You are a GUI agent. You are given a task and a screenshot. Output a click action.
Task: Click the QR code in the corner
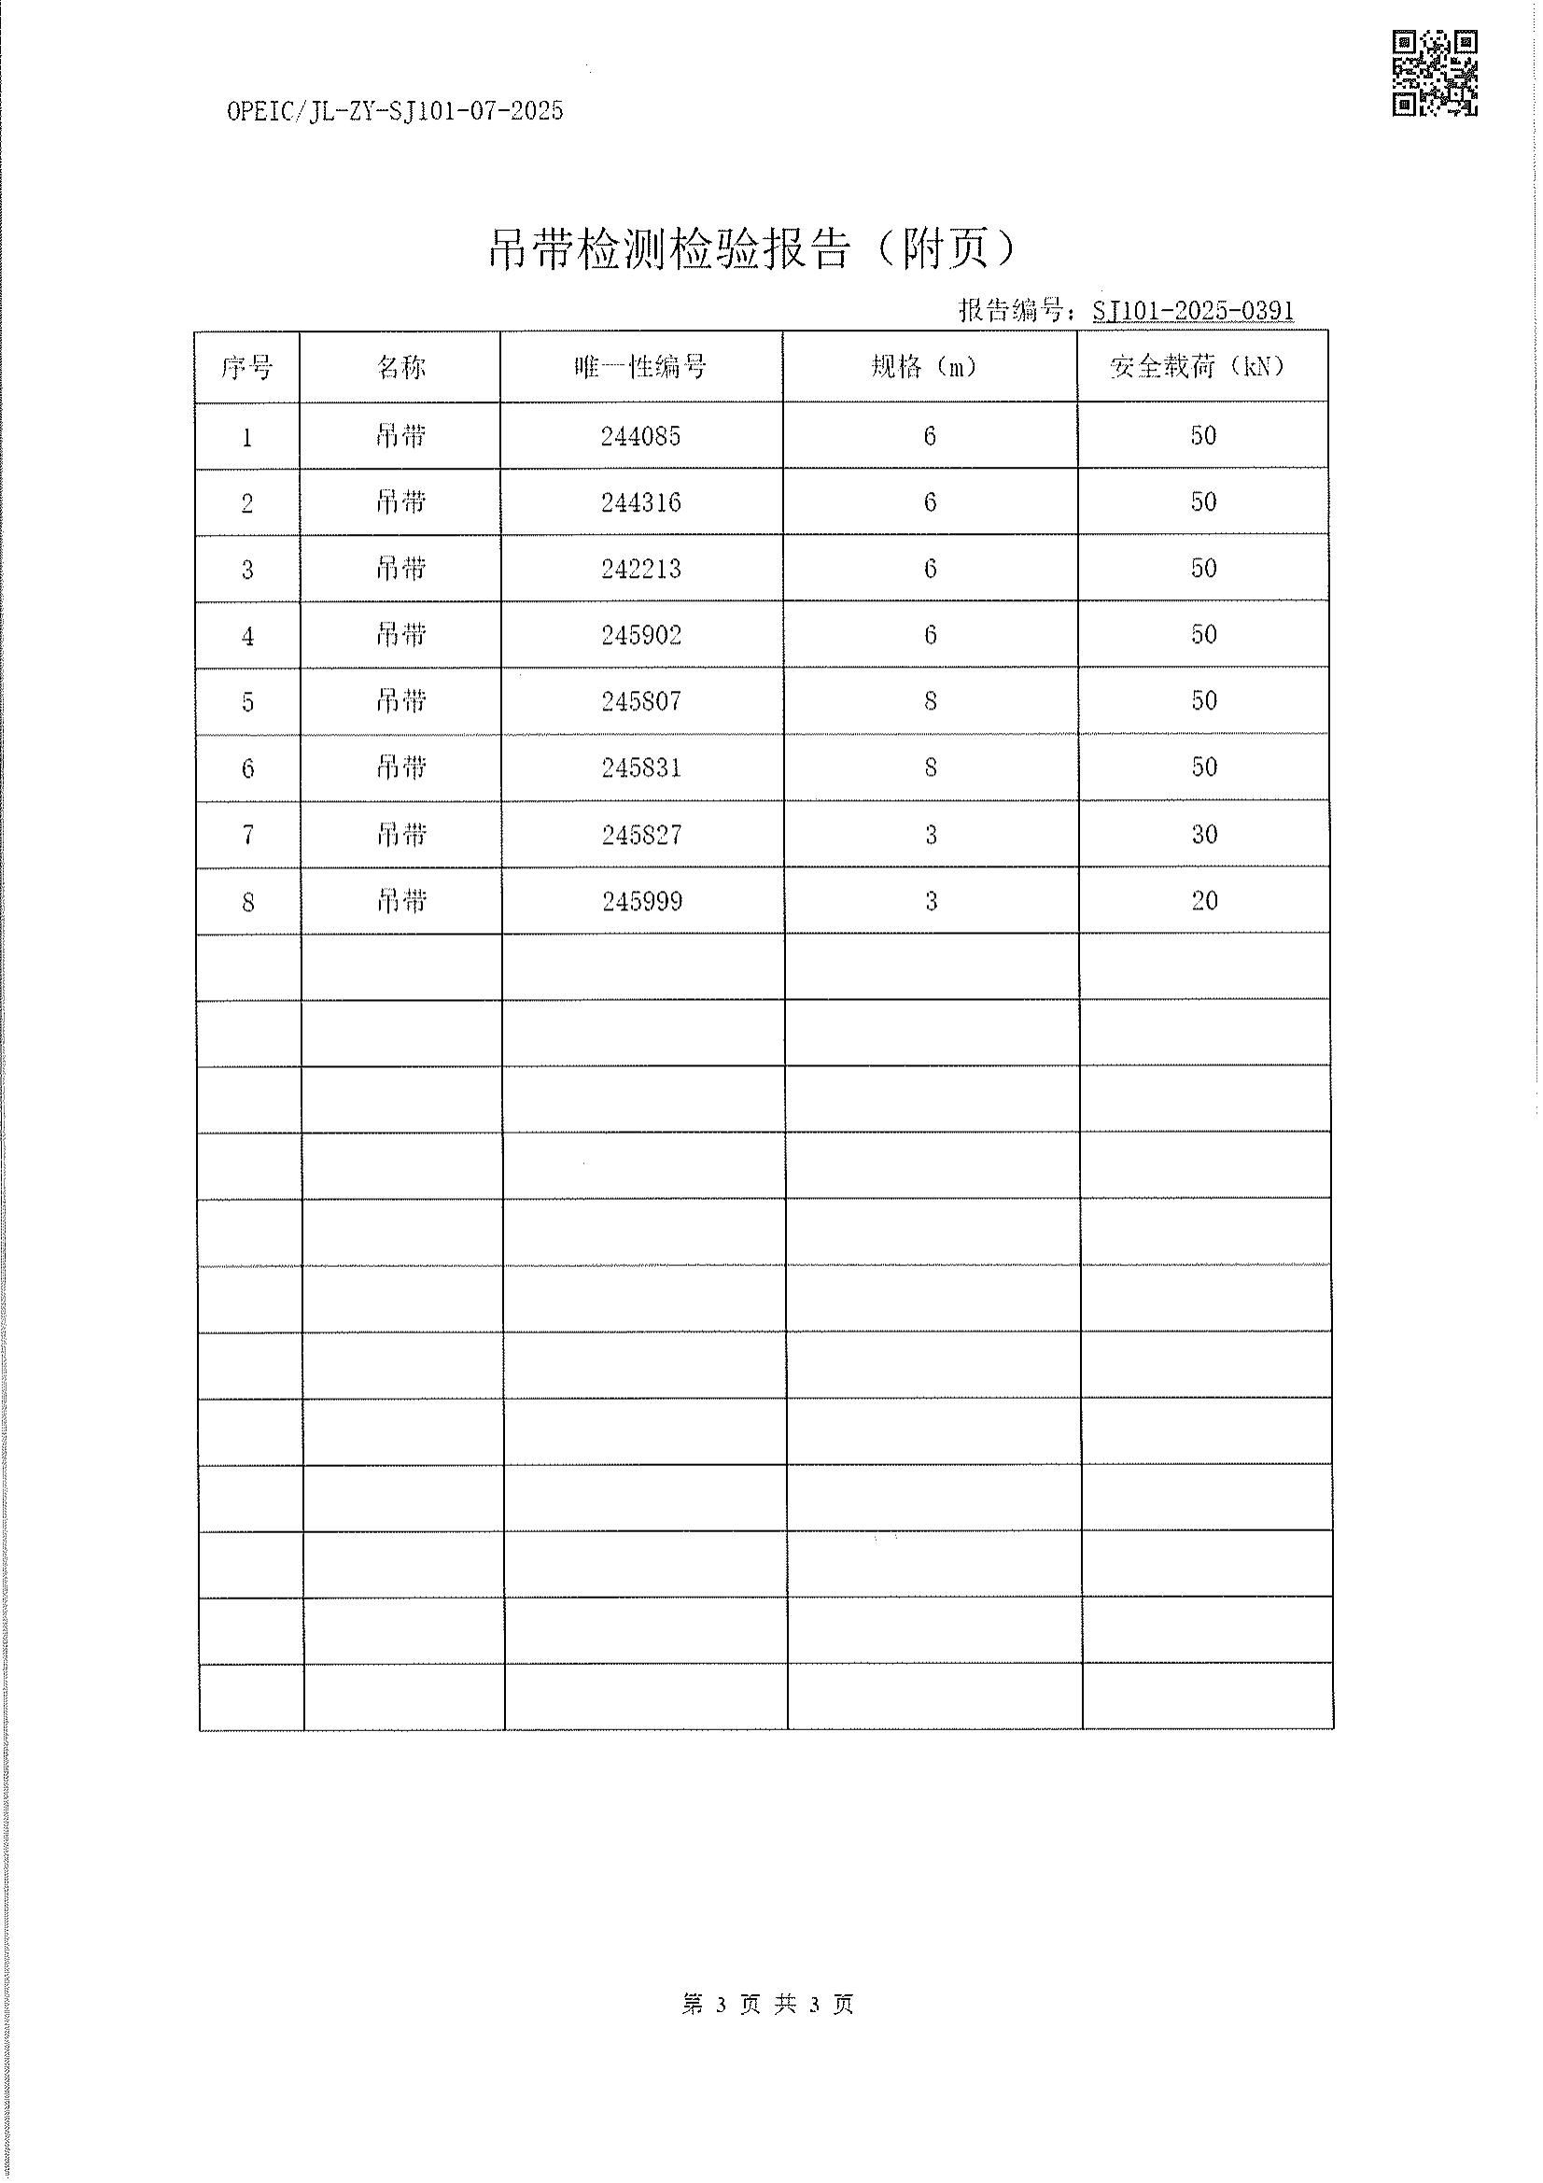[x=1434, y=73]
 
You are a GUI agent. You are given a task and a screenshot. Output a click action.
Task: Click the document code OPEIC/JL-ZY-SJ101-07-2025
[x=395, y=112]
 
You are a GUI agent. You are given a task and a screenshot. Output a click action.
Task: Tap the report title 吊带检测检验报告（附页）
[x=752, y=250]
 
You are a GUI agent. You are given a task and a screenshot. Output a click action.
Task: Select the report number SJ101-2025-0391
[x=1192, y=311]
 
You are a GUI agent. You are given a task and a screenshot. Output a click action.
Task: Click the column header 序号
[x=247, y=367]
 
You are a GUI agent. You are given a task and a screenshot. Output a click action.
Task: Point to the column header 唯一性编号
[x=639, y=367]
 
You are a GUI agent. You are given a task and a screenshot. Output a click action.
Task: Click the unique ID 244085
[x=639, y=436]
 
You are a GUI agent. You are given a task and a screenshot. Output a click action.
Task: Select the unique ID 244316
[x=639, y=503]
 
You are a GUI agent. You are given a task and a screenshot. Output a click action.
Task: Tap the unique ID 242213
[x=639, y=570]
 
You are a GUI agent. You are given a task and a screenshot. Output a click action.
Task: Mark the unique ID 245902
[x=640, y=635]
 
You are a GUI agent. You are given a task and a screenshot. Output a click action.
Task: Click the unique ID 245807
[x=640, y=702]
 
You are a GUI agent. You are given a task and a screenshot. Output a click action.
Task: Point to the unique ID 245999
[x=641, y=901]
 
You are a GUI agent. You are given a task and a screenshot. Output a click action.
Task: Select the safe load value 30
[x=1203, y=835]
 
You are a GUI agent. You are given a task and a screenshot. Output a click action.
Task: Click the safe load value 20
[x=1203, y=901]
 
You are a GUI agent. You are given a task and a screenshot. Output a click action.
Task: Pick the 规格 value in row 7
[x=931, y=835]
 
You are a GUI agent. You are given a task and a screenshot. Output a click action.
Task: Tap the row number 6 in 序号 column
[x=247, y=769]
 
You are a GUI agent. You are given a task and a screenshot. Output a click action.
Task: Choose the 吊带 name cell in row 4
[x=400, y=635]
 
